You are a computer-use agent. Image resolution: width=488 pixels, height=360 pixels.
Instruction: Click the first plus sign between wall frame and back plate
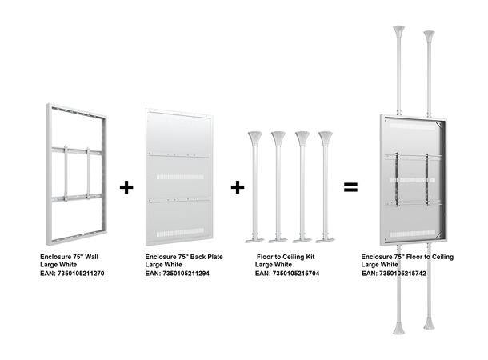pos(126,188)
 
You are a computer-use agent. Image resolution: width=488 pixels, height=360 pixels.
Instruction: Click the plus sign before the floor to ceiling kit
pos(238,188)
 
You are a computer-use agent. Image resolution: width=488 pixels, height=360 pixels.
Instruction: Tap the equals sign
pos(350,188)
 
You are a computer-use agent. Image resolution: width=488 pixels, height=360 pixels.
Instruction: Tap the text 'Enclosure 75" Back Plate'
pos(184,257)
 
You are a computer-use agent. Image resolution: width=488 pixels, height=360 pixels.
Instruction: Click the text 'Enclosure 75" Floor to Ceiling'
pos(407,257)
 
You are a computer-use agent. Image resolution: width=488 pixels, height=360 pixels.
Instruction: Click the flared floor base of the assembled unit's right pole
pos(430,323)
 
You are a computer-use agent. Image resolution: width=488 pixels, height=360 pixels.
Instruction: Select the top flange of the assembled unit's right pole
pos(429,34)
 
